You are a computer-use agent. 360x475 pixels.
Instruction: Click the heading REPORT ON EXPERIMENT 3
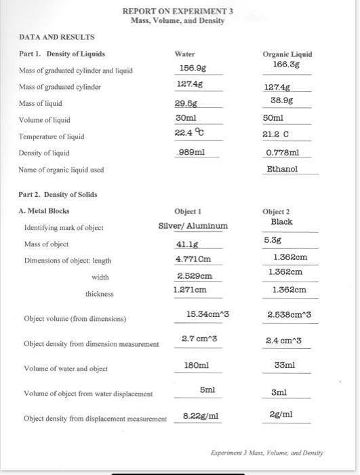point(178,12)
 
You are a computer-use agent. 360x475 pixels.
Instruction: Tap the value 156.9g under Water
point(188,68)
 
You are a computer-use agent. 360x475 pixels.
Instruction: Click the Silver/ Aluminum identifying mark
point(193,225)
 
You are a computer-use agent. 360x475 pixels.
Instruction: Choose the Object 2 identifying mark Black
point(281,221)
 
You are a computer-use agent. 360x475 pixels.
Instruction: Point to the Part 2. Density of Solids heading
point(58,194)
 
